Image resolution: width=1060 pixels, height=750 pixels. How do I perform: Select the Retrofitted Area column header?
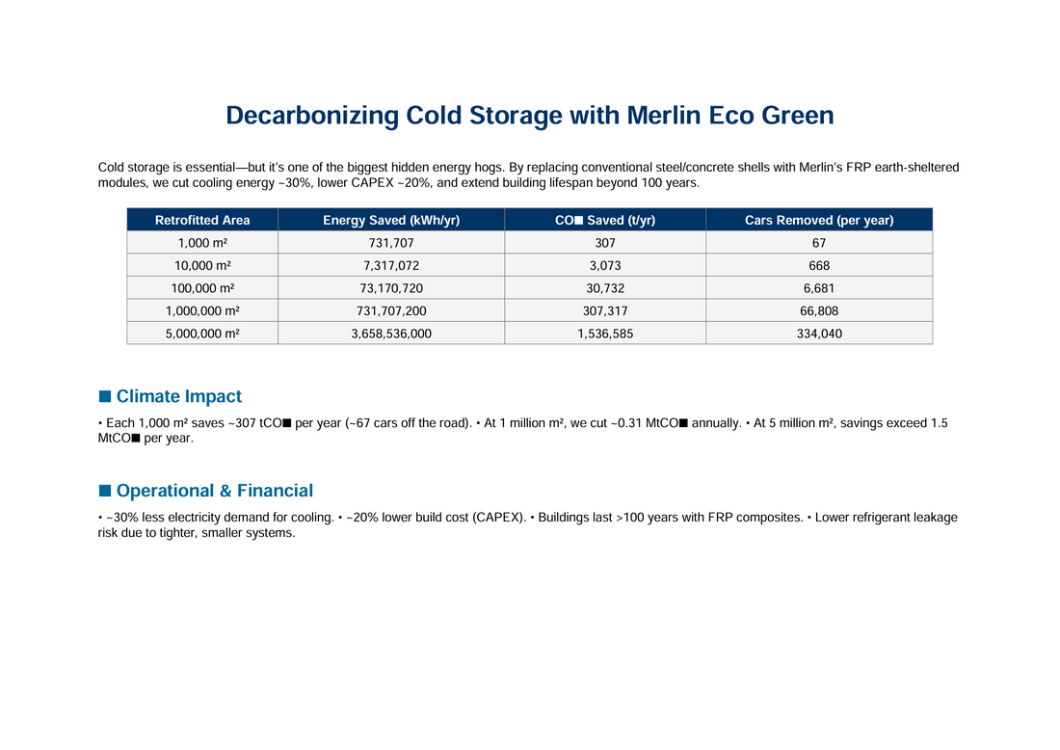pyautogui.click(x=202, y=220)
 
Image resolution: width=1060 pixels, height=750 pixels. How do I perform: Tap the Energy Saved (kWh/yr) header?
pyautogui.click(x=391, y=220)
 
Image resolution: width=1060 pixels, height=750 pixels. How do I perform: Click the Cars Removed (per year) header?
pyautogui.click(x=819, y=220)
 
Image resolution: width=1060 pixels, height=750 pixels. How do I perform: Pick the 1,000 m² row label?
pyautogui.click(x=202, y=243)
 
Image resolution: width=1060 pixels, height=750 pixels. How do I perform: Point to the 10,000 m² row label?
pyautogui.click(x=202, y=265)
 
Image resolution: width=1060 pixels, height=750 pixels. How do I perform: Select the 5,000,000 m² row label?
pyautogui.click(x=202, y=333)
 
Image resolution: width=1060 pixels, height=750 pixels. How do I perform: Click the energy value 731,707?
pyautogui.click(x=391, y=243)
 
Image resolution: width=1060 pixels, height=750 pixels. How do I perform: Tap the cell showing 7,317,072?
pyautogui.click(x=391, y=265)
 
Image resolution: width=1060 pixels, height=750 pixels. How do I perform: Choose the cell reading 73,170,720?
pyautogui.click(x=391, y=288)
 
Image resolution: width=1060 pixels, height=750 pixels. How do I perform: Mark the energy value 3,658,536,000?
pyautogui.click(x=391, y=333)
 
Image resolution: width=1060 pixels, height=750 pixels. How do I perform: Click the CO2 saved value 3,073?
pyautogui.click(x=605, y=265)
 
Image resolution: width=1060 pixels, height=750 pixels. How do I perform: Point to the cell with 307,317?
pyautogui.click(x=605, y=310)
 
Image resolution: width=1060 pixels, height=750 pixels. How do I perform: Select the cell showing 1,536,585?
pyautogui.click(x=605, y=333)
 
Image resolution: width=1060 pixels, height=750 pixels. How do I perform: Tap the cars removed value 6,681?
pyautogui.click(x=819, y=288)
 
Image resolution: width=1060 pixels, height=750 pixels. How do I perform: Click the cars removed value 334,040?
pyautogui.click(x=819, y=333)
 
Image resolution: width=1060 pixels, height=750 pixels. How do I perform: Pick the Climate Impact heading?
pyautogui.click(x=178, y=396)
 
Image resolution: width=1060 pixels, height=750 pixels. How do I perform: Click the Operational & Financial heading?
pyautogui.click(x=214, y=491)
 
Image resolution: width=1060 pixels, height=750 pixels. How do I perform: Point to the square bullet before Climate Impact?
pyautogui.click(x=105, y=396)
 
